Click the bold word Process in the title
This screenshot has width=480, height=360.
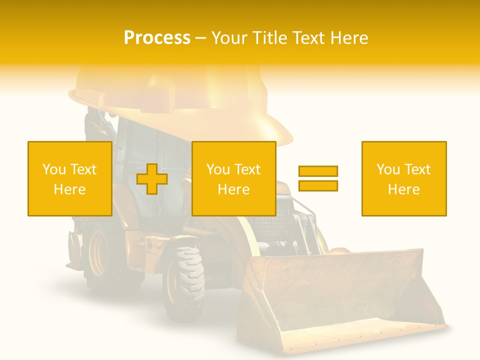click(157, 38)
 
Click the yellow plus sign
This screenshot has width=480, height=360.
click(152, 179)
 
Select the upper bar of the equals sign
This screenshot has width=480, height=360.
click(318, 171)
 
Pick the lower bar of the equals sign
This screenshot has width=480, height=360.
click(318, 185)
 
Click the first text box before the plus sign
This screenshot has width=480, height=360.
click(70, 178)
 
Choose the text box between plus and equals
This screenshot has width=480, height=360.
click(233, 178)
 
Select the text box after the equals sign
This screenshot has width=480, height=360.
click(404, 178)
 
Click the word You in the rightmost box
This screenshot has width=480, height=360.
click(388, 169)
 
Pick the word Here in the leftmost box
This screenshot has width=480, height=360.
click(70, 189)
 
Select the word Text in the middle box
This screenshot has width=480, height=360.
click(246, 169)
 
